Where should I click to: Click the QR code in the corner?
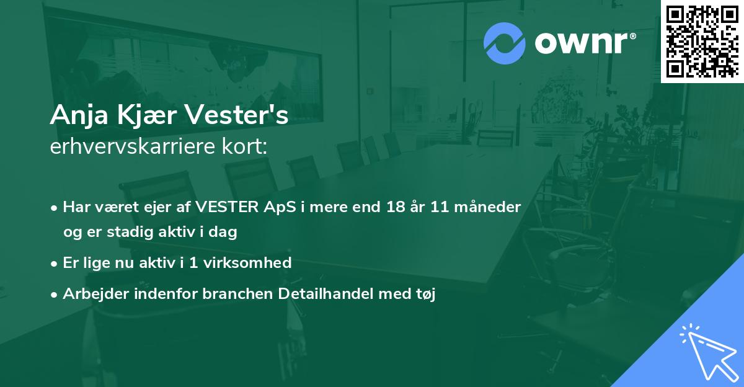coord(702,41)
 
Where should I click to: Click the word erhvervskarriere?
coord(124,146)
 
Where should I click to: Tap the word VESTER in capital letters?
coord(226,207)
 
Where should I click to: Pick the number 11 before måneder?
coord(442,207)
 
